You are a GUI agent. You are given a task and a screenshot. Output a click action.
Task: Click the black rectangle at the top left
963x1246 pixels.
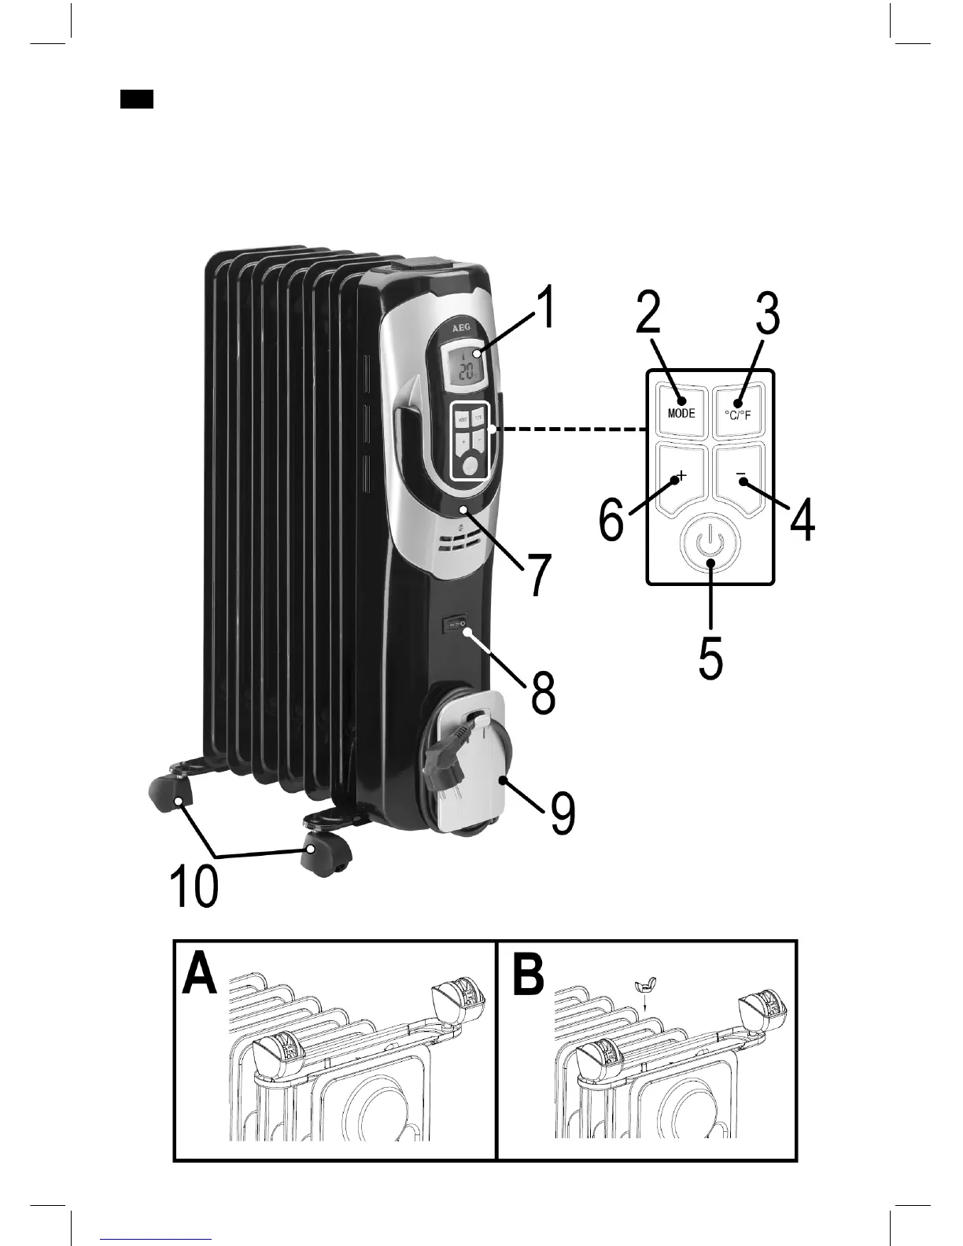click(137, 99)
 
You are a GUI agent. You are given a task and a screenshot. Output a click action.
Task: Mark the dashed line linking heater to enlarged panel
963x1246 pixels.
click(570, 429)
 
